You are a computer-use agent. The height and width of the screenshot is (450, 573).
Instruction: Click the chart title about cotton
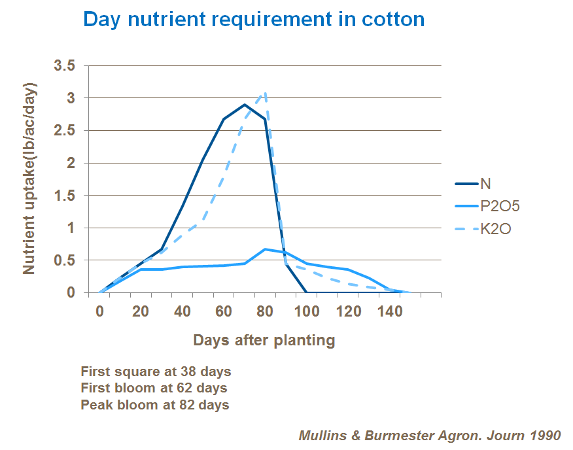point(254,20)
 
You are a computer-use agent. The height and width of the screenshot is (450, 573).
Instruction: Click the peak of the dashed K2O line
point(265,93)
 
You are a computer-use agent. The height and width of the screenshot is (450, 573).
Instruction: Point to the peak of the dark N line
point(244,105)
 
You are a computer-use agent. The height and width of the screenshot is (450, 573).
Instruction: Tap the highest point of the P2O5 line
point(265,249)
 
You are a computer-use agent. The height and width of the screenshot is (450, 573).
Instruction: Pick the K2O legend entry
point(495,229)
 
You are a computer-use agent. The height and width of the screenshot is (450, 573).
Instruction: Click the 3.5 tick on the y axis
point(65,66)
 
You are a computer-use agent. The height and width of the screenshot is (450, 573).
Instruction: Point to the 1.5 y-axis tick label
point(65,196)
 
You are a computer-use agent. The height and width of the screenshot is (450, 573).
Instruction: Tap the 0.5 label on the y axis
point(65,260)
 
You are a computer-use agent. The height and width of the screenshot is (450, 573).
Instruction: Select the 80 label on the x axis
point(265,312)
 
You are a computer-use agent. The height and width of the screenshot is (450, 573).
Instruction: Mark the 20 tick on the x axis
point(141,312)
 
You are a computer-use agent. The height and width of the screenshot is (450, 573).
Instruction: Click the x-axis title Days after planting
point(264,340)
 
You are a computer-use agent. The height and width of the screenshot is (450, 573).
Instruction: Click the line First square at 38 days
point(156,372)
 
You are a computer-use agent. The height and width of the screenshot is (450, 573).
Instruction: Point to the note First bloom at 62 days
point(154,388)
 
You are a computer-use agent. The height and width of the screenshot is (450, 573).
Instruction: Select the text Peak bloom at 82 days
point(155,404)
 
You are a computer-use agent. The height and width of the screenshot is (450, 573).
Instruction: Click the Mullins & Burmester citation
point(429,434)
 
